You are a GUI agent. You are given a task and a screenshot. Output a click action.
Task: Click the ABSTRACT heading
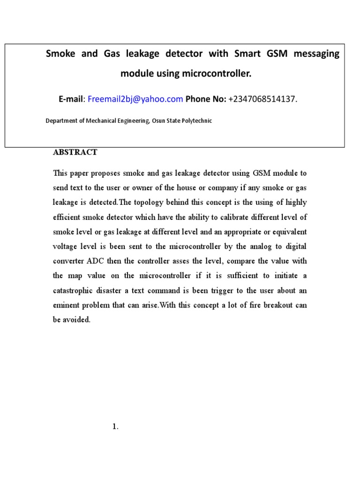point(75,152)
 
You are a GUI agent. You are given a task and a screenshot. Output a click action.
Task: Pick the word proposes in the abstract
point(105,173)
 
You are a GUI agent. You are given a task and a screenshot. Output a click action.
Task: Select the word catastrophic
point(75,290)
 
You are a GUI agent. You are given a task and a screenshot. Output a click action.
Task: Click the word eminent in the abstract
point(66,305)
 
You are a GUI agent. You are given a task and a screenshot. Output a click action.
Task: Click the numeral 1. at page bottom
point(116,427)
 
